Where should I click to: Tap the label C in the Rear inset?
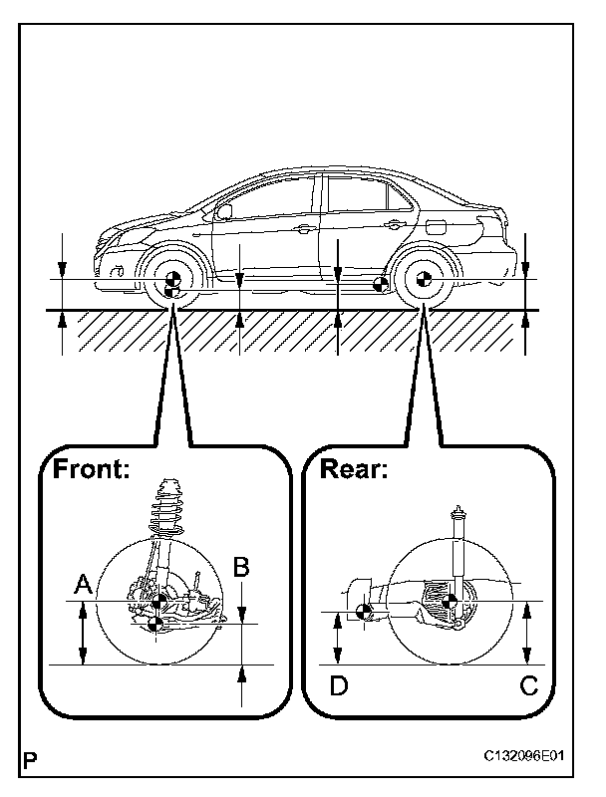pyautogui.click(x=529, y=686)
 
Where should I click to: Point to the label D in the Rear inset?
pyautogui.click(x=340, y=686)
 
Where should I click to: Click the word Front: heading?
pyautogui.click(x=92, y=469)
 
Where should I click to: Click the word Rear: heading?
pyautogui.click(x=353, y=469)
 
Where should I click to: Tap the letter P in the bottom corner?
pyautogui.click(x=33, y=758)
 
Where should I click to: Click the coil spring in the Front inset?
pyautogui.click(x=168, y=509)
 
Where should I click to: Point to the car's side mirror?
pyautogui.click(x=224, y=211)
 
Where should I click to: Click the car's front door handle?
pyautogui.click(x=302, y=228)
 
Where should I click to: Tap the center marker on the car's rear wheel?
pyautogui.click(x=423, y=280)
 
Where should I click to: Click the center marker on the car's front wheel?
pyautogui.click(x=171, y=280)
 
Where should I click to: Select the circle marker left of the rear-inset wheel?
pyautogui.click(x=365, y=613)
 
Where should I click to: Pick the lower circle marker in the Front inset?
pyautogui.click(x=154, y=625)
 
